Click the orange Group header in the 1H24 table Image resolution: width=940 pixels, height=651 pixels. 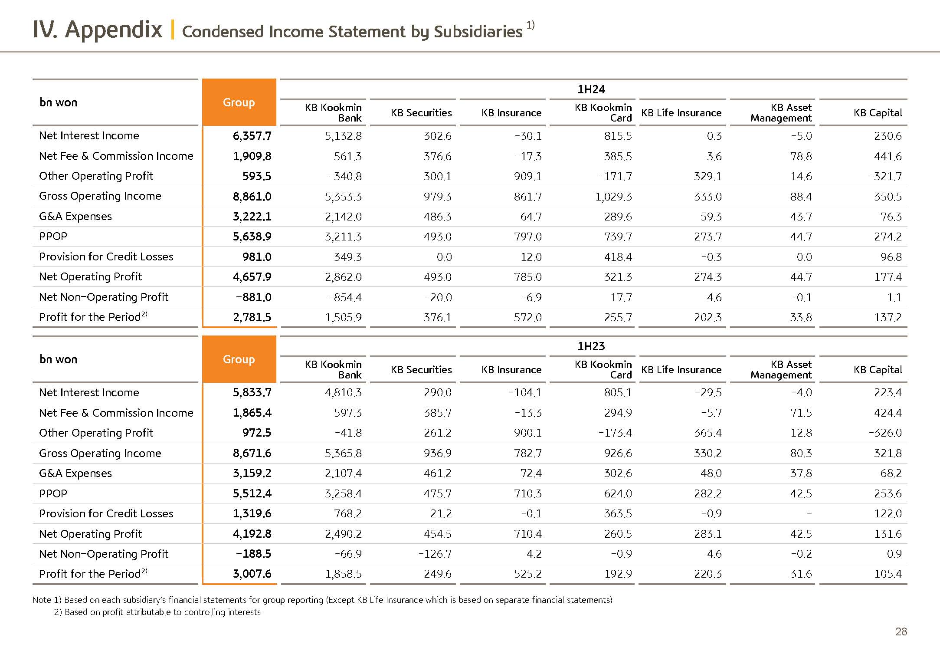[239, 102]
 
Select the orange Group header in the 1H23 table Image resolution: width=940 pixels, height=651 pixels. [239, 359]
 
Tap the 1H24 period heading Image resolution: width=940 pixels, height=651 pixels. [591, 89]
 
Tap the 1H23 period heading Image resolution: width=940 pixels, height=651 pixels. [591, 346]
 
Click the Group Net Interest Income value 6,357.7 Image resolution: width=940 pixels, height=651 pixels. [252, 136]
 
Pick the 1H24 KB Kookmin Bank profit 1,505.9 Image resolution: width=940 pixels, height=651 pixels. [343, 318]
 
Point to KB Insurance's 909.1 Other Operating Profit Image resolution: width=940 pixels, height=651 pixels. [527, 177]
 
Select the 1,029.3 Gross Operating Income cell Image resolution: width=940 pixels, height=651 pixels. [613, 197]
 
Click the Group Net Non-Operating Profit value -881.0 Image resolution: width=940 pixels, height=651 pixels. [253, 297]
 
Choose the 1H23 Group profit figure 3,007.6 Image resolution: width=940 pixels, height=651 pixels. [252, 574]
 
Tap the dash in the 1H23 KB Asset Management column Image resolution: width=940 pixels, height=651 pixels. [809, 513]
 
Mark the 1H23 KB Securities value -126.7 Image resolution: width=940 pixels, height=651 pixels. [435, 554]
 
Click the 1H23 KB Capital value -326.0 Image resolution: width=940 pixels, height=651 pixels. [885, 433]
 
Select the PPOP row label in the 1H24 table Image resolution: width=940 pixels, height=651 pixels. [53, 237]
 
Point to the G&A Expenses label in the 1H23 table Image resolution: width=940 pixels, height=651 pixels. [75, 473]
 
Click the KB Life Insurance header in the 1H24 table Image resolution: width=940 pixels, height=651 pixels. [681, 113]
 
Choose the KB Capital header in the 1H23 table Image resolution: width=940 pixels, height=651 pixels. [878, 370]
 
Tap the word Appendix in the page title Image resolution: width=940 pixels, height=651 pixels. [114, 30]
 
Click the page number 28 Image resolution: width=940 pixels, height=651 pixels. [901, 631]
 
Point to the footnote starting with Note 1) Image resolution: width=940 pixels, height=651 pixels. [322, 600]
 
